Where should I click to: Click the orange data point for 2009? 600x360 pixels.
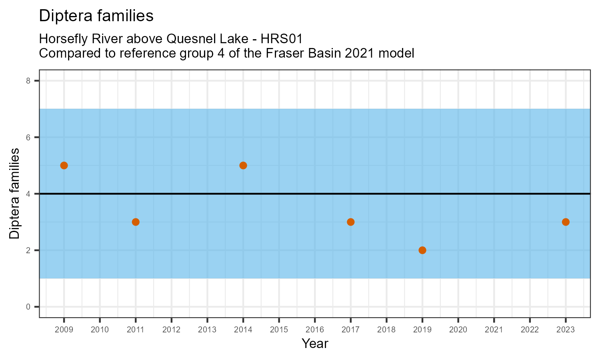64,166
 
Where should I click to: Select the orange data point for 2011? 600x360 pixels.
136,222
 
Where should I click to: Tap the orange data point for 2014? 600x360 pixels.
243,166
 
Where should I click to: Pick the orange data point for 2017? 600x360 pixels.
351,222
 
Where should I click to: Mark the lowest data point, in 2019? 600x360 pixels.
422,250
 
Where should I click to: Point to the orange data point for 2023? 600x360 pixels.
566,222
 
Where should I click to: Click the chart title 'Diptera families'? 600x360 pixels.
96,16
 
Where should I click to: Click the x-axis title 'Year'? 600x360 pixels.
315,343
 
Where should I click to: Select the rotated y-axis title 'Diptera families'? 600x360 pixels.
14,194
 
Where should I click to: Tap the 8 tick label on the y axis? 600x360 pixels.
28,81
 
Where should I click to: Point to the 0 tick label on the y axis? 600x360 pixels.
28,307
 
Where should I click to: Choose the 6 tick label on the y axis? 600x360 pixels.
28,137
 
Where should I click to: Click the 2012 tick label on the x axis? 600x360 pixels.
172,330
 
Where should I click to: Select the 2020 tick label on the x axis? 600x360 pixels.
458,330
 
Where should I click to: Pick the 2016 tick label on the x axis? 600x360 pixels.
315,330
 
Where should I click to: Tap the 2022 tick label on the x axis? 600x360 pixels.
530,330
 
